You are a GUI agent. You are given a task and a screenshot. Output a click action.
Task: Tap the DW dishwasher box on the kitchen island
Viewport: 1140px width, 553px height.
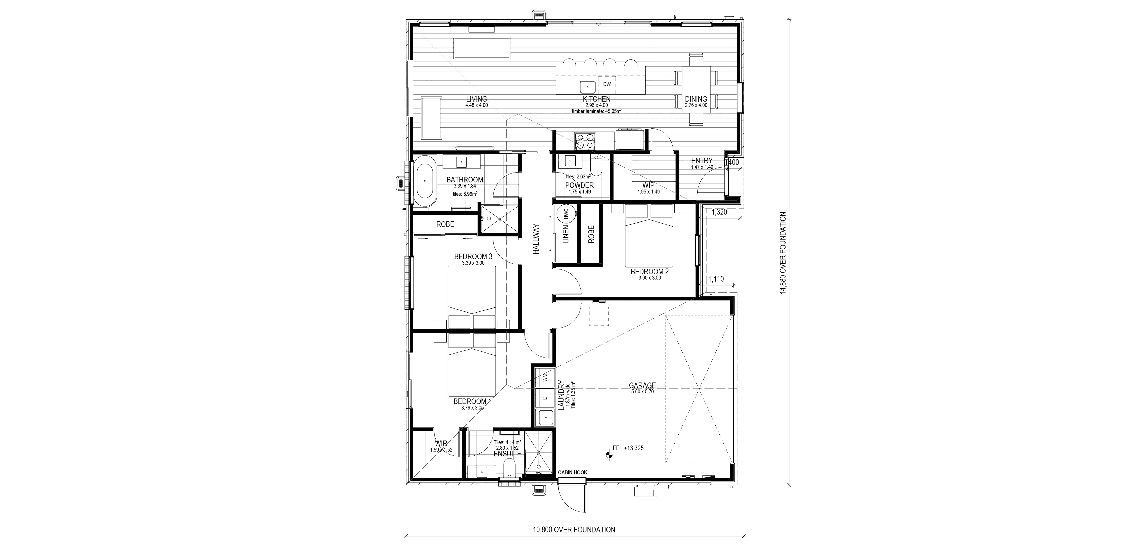(x=607, y=84)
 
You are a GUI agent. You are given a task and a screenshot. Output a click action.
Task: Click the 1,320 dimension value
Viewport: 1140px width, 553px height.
(x=719, y=212)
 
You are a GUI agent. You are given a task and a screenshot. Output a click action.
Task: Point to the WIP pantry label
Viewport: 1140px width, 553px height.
(x=648, y=185)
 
